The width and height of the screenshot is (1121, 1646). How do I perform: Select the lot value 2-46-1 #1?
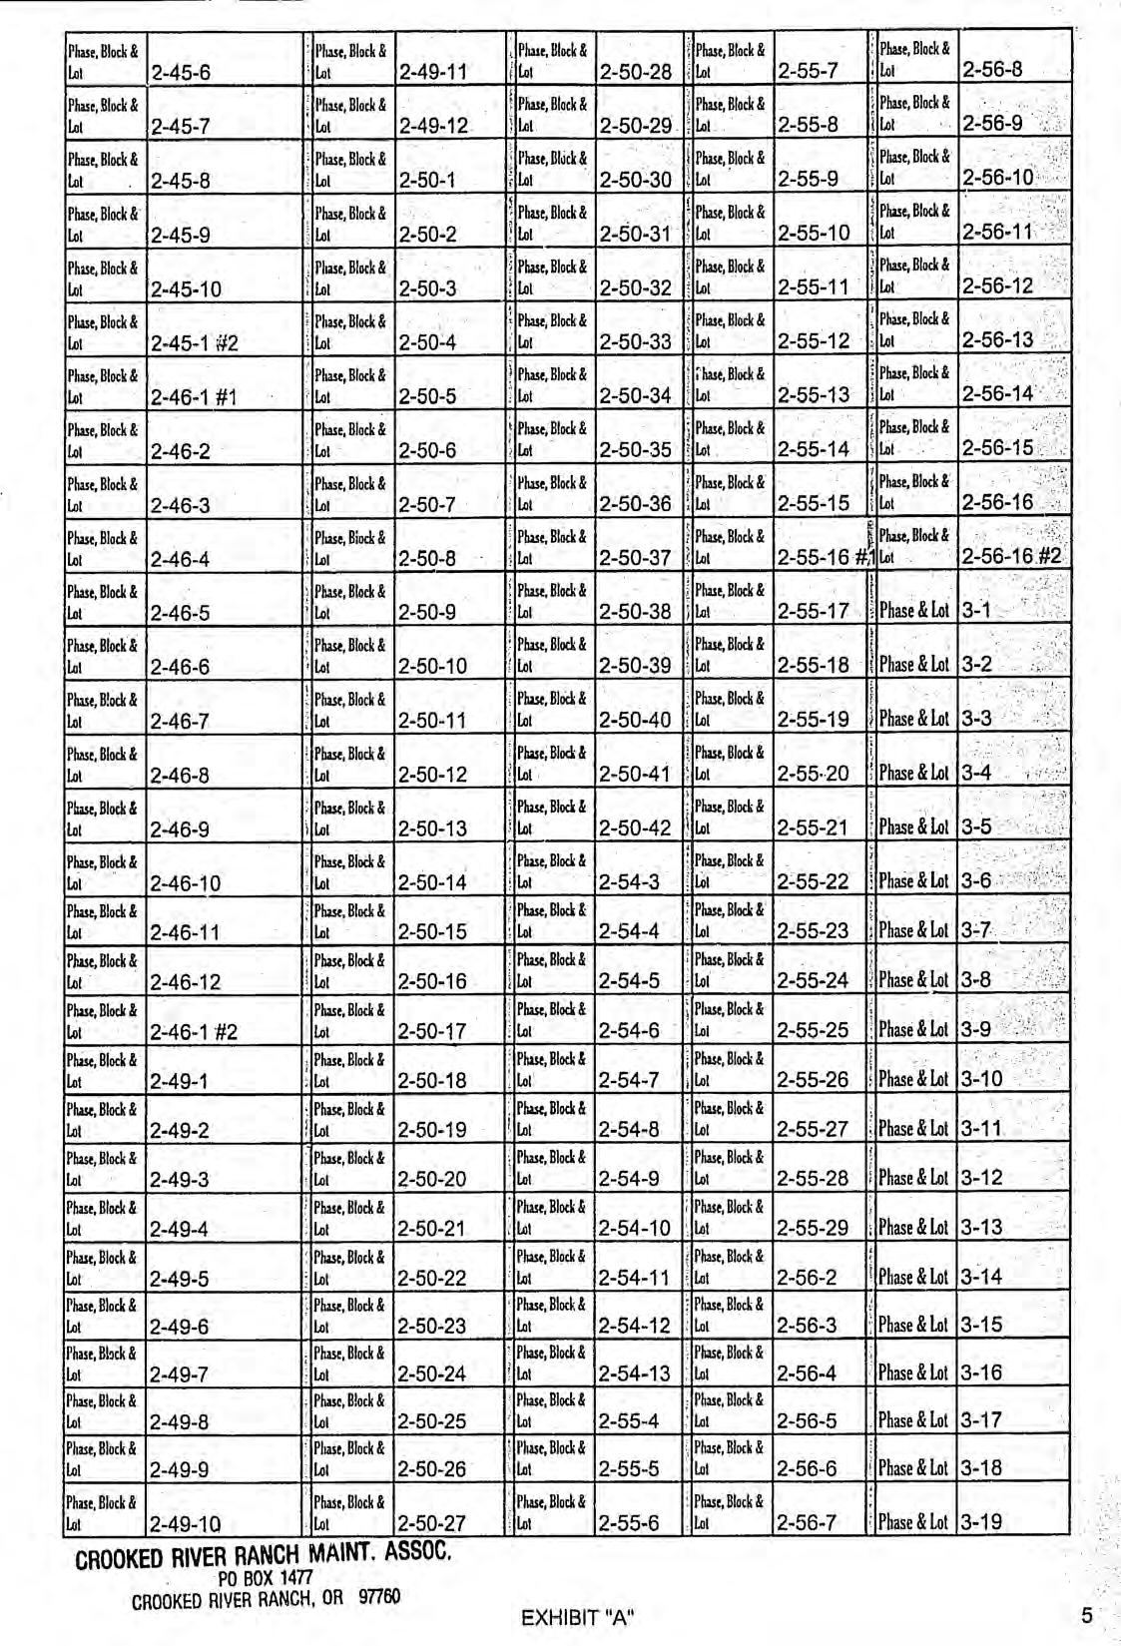(x=194, y=398)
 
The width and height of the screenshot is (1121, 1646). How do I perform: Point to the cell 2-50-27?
(x=432, y=1524)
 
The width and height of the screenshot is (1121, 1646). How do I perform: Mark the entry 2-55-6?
(x=629, y=1523)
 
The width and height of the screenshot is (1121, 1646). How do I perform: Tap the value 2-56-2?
(x=807, y=1278)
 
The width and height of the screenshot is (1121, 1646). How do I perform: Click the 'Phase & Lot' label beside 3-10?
(x=913, y=1079)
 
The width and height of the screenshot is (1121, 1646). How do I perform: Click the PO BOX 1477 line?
(x=266, y=1578)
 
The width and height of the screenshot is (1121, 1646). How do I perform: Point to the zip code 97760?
(x=379, y=1596)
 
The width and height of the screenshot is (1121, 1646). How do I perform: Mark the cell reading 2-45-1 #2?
(x=194, y=344)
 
